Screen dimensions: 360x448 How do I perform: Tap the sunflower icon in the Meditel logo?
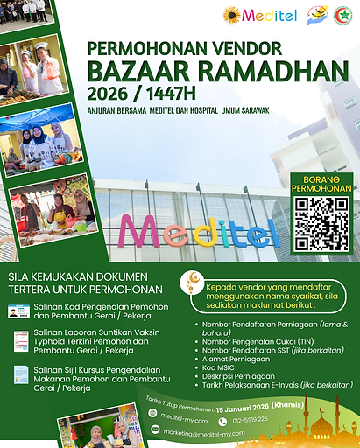point(232,15)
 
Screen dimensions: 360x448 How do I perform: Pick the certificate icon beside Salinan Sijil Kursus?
point(20,374)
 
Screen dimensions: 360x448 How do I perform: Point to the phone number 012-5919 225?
point(251,420)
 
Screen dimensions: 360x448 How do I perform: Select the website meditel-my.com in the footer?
point(184,419)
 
